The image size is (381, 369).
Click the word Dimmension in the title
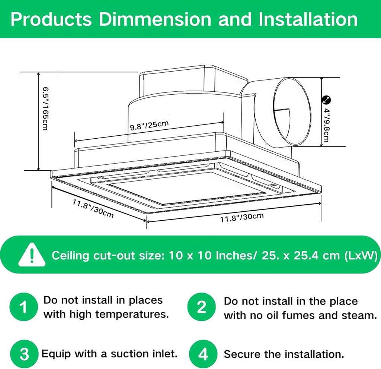pos(155,19)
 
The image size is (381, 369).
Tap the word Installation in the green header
pos(308,19)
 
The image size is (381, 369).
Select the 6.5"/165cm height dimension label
pos(45,108)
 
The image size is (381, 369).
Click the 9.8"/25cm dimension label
pos(149,125)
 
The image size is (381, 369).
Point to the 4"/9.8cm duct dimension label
pos(326,125)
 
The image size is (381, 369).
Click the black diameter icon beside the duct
pos(326,100)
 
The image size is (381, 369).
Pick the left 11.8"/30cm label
pos(93,209)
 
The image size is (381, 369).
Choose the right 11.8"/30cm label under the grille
pos(242,217)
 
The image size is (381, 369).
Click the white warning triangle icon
pos(32,255)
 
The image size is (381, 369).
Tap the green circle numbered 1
pos(23,307)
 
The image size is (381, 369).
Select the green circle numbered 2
pos(201,307)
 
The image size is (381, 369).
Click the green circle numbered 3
pos(24,354)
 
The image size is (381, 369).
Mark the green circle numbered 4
pos(203,354)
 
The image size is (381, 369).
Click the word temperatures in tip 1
pos(132,314)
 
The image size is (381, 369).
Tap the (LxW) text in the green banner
pos(361,255)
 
